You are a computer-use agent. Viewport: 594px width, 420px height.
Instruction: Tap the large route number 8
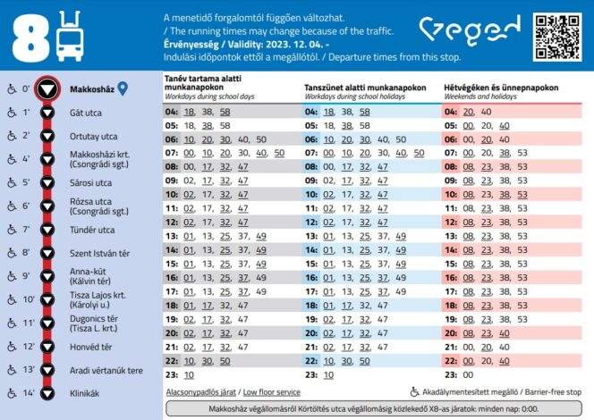pos(31,38)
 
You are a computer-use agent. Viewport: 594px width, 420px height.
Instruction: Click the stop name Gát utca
pos(86,113)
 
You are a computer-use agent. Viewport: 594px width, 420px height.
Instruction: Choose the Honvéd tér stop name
pos(90,346)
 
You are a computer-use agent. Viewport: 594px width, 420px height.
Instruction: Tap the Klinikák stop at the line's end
pos(84,392)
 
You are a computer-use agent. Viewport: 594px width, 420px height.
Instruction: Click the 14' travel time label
pos(27,392)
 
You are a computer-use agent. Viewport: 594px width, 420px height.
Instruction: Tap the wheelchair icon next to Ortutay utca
pos(11,137)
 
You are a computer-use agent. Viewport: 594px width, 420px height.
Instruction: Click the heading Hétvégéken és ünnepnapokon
pos(501,88)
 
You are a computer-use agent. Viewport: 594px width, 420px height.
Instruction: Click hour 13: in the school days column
pos(172,236)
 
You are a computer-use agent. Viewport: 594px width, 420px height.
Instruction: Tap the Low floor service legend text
pos(271,391)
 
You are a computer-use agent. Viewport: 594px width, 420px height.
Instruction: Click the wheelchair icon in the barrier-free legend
pos(415,391)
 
